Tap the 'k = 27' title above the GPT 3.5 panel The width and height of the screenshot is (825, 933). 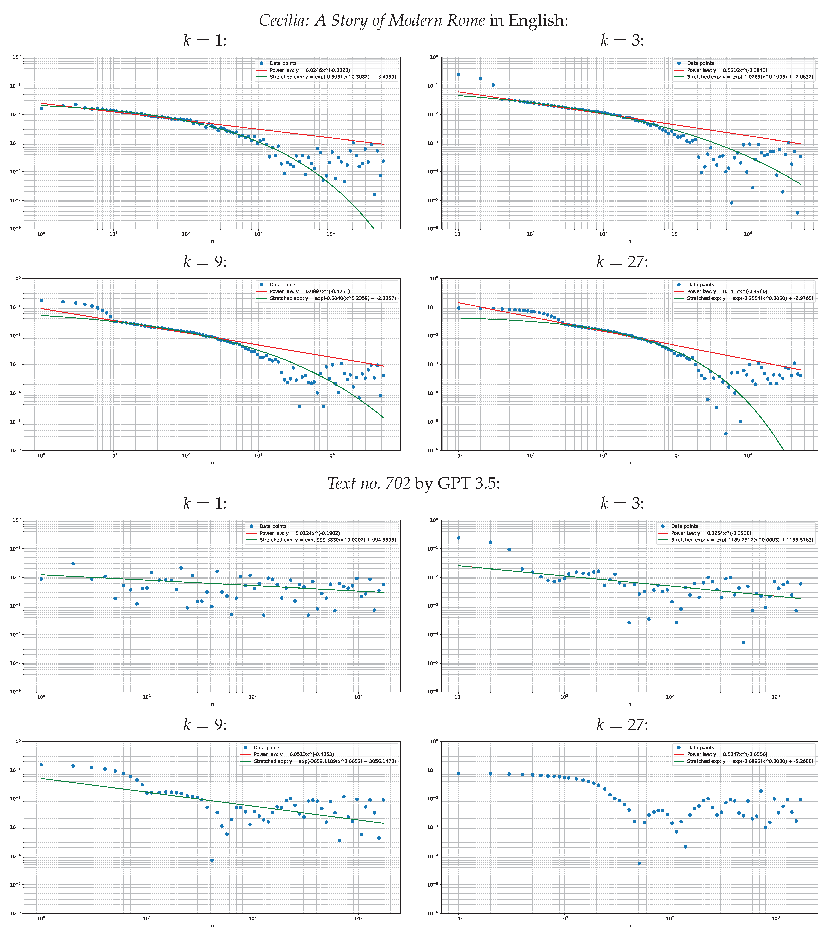point(622,724)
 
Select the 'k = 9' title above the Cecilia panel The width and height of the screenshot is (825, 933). point(205,262)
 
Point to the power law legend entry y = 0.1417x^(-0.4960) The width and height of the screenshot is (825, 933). point(727,291)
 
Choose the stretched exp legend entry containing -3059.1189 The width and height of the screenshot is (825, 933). point(325,761)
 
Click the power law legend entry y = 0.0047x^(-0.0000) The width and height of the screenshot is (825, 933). point(727,754)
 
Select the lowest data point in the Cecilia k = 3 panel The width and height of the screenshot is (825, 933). point(797,213)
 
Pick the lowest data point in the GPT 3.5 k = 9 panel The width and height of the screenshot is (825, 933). point(212,860)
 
